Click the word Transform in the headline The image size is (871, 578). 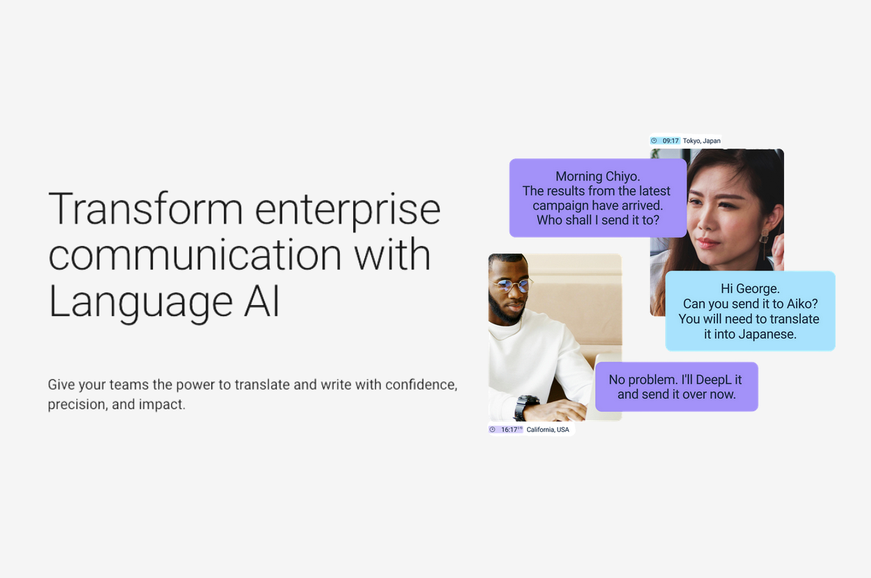pyautogui.click(x=146, y=208)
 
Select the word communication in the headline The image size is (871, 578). pyautogui.click(x=195, y=254)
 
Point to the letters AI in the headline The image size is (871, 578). pyautogui.click(x=261, y=301)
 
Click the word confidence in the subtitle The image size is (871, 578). pyautogui.click(x=421, y=384)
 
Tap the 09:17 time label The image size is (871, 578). pyautogui.click(x=670, y=141)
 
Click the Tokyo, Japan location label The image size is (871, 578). pyautogui.click(x=701, y=141)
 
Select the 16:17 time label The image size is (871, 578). pyautogui.click(x=509, y=429)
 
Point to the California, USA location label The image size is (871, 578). pyautogui.click(x=548, y=429)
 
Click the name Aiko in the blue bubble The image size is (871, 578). pyautogui.click(x=802, y=304)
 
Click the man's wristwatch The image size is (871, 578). pyautogui.click(x=526, y=407)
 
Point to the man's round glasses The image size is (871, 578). pyautogui.click(x=511, y=286)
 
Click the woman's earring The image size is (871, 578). pyautogui.click(x=764, y=237)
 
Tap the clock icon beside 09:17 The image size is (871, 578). pyautogui.click(x=654, y=141)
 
